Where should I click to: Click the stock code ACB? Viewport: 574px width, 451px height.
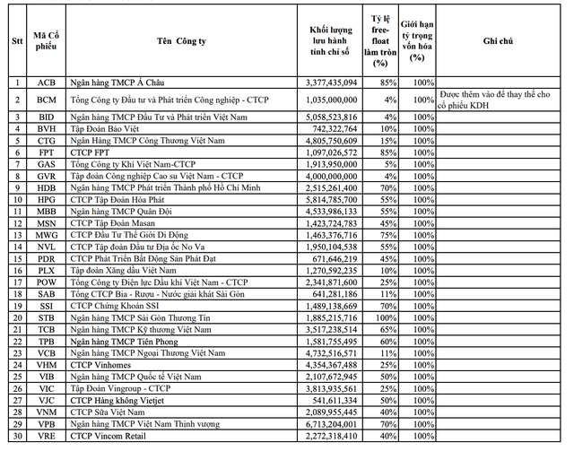tap(46, 82)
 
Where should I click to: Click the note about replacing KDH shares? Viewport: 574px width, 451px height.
tap(502, 100)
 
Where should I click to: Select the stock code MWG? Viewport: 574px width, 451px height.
tap(46, 234)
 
